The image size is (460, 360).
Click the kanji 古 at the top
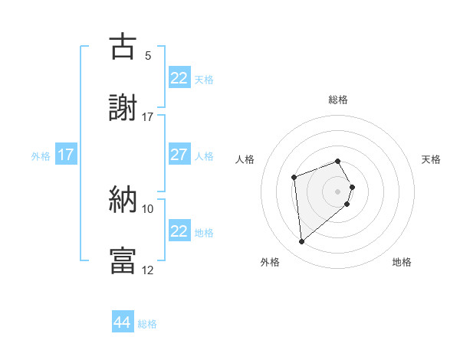(x=123, y=47)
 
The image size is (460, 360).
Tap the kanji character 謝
(x=123, y=109)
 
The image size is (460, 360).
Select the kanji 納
(x=123, y=200)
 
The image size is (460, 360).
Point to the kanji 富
(x=123, y=261)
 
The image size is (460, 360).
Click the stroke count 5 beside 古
(x=148, y=56)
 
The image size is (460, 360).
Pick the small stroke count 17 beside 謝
(x=148, y=117)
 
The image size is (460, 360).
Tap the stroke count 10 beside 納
(x=148, y=208)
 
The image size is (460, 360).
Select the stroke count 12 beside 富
(x=148, y=270)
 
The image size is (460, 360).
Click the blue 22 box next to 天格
(x=179, y=78)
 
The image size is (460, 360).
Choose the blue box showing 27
(x=179, y=155)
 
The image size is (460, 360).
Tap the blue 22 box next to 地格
(x=179, y=231)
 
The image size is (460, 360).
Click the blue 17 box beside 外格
(x=66, y=155)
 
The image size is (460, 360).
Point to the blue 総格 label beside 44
(x=148, y=324)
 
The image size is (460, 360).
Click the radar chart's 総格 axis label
(x=338, y=100)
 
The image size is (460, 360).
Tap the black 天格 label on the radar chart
(x=431, y=159)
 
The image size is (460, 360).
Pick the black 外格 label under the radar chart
(x=270, y=263)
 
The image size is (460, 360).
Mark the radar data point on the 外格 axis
(x=302, y=242)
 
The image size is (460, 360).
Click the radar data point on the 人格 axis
(x=294, y=178)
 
